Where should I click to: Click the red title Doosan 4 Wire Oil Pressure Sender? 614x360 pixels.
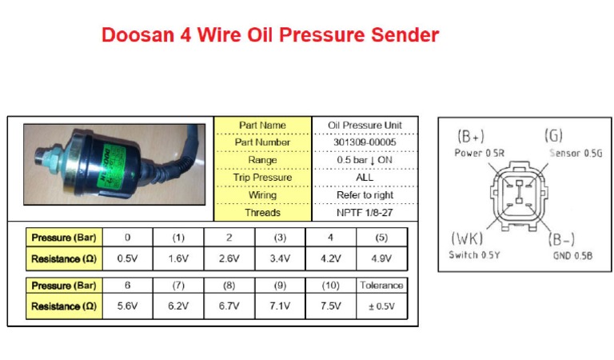[270, 36]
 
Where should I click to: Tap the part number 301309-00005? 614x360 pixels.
[365, 142]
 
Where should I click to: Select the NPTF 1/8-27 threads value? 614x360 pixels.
[365, 213]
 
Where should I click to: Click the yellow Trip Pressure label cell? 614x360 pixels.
[263, 178]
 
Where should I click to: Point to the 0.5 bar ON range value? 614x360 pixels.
[365, 160]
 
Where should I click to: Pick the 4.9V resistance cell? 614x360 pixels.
[382, 258]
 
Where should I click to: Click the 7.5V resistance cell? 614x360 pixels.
[331, 306]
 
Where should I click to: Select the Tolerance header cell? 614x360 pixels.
[382, 285]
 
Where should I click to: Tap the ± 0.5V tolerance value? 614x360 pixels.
[382, 306]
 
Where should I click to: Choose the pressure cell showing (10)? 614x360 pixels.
[331, 285]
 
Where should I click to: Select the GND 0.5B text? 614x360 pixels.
[572, 255]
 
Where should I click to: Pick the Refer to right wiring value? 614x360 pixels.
[365, 195]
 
